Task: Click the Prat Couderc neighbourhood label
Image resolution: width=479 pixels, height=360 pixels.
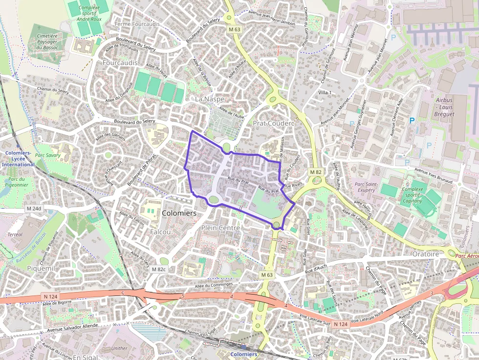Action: click(274, 124)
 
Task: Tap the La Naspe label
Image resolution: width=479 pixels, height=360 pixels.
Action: click(210, 99)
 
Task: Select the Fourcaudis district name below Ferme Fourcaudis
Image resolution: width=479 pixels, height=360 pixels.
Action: click(117, 63)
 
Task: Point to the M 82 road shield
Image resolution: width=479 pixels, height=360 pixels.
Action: click(316, 172)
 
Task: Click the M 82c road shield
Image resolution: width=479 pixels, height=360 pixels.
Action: click(159, 269)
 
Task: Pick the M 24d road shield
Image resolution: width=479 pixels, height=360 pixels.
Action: click(34, 209)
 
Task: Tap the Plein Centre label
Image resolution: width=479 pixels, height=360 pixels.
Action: click(220, 228)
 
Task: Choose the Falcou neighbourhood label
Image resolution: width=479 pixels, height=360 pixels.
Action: click(160, 232)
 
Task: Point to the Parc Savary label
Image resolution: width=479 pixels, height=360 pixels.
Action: click(48, 155)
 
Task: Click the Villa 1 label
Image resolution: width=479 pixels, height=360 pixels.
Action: click(325, 93)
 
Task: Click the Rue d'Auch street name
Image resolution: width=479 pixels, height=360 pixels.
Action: click(316, 268)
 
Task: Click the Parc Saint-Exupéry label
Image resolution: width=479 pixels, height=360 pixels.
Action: click(366, 187)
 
